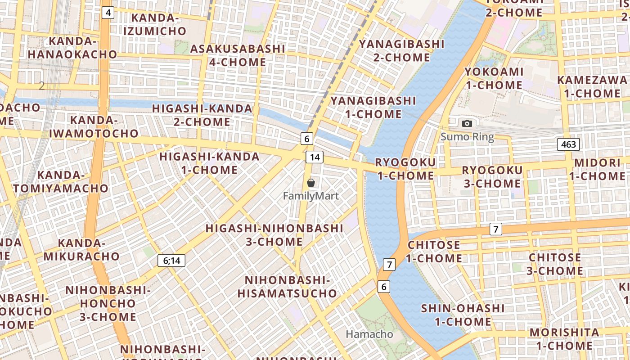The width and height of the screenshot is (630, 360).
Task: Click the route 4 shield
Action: pyautogui.click(x=108, y=12)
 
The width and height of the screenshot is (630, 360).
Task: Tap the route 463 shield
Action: pyautogui.click(x=568, y=144)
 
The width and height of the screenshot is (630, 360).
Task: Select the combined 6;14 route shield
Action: pyautogui.click(x=171, y=260)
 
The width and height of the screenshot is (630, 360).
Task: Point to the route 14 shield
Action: pyautogui.click(x=315, y=157)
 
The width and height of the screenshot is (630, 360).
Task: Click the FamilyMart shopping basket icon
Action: pyautogui.click(x=310, y=182)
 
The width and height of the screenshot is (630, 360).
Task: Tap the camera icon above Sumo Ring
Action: pyautogui.click(x=467, y=123)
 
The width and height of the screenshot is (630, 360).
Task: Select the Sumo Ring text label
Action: pyautogui.click(x=467, y=137)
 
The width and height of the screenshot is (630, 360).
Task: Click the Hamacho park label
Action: pyautogui.click(x=369, y=334)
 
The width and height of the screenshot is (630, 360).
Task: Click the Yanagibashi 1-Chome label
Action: pyautogui.click(x=373, y=107)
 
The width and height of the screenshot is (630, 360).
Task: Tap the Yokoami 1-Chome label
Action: pyautogui.click(x=494, y=78)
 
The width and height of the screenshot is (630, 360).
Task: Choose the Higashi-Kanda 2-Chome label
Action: pyautogui.click(x=202, y=115)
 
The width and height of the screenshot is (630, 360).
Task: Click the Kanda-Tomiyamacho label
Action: pyautogui.click(x=61, y=181)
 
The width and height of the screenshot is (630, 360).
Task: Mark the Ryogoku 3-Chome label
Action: pyautogui.click(x=492, y=177)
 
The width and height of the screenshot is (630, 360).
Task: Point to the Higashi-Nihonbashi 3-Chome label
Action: pyautogui.click(x=274, y=234)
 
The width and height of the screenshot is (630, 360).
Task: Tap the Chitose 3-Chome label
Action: pyautogui.click(x=555, y=264)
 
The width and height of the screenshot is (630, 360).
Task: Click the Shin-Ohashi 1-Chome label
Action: pyautogui.click(x=463, y=315)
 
